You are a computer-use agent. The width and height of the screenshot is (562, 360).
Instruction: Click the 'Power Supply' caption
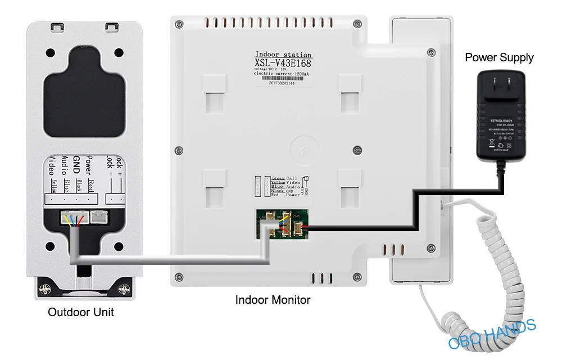click(499, 57)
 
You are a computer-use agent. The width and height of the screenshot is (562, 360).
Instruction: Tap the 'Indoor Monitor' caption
click(273, 300)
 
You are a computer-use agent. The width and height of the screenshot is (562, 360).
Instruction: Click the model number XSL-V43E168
click(283, 63)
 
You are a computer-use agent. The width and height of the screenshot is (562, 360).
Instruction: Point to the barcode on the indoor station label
click(282, 77)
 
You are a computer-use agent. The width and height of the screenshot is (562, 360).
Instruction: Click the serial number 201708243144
click(282, 83)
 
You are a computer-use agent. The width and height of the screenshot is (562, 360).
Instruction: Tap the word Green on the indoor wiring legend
click(278, 178)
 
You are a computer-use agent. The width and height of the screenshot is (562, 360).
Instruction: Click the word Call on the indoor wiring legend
click(292, 178)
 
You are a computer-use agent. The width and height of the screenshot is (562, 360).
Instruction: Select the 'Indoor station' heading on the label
click(283, 55)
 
